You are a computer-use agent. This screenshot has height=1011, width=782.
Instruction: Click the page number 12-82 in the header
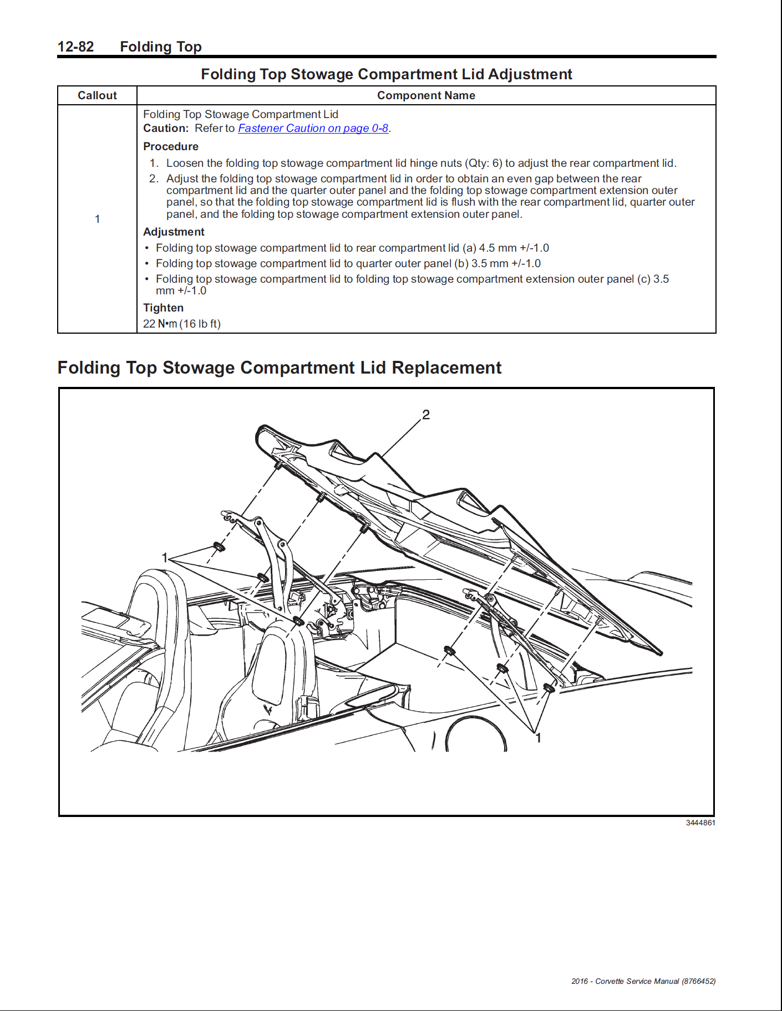(x=76, y=47)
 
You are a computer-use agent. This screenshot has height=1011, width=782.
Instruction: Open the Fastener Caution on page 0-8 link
(x=313, y=128)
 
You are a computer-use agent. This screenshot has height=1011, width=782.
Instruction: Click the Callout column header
(x=97, y=95)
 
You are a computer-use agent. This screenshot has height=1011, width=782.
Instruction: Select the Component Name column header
(x=426, y=95)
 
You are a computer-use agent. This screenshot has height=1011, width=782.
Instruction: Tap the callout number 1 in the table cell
(x=98, y=219)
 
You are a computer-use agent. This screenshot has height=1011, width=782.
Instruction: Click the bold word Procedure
(x=171, y=146)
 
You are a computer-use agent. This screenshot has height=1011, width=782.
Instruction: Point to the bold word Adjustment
(x=174, y=232)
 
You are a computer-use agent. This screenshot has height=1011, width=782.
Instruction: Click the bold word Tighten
(x=163, y=308)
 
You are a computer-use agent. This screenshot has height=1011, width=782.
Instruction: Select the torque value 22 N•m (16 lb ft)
(x=182, y=324)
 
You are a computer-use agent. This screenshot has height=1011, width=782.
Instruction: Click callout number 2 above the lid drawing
(x=426, y=415)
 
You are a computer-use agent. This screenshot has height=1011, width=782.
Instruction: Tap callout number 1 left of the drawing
(x=165, y=558)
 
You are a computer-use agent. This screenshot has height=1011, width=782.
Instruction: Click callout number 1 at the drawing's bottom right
(x=537, y=738)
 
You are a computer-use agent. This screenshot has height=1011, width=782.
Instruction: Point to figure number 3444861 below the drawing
(x=700, y=823)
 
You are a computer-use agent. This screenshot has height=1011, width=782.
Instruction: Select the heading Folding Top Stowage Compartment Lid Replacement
(x=280, y=367)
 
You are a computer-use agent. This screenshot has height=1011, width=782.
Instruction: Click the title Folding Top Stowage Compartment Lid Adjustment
(x=386, y=74)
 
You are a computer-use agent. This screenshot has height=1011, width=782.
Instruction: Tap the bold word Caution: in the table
(x=166, y=128)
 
